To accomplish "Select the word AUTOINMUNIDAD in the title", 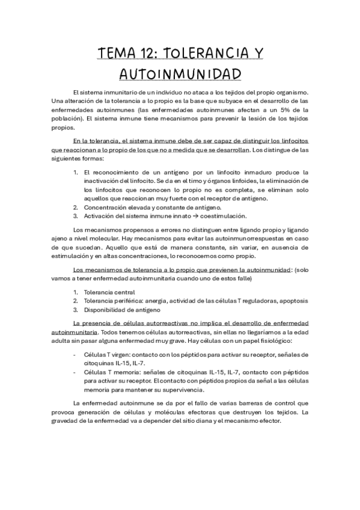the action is [x=180, y=74].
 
